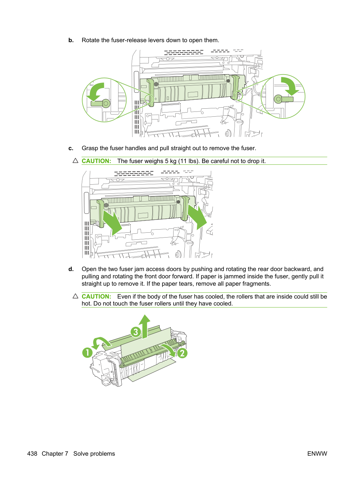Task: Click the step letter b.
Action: [71, 40]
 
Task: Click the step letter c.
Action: [71, 148]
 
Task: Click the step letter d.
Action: [71, 269]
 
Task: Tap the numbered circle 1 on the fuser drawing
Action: [87, 353]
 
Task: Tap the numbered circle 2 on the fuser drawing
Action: [182, 353]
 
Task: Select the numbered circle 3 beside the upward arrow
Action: [136, 332]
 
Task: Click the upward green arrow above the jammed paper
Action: [144, 327]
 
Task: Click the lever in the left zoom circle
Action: [101, 103]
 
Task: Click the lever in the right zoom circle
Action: [283, 99]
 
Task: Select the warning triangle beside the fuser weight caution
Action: [75, 161]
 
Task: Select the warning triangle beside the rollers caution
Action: [75, 296]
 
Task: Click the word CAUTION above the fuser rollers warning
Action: [97, 296]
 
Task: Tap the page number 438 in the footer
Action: [32, 454]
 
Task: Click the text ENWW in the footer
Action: [317, 454]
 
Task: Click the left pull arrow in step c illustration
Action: [112, 223]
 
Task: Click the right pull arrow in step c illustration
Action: [197, 217]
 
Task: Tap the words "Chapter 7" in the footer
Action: [55, 454]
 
